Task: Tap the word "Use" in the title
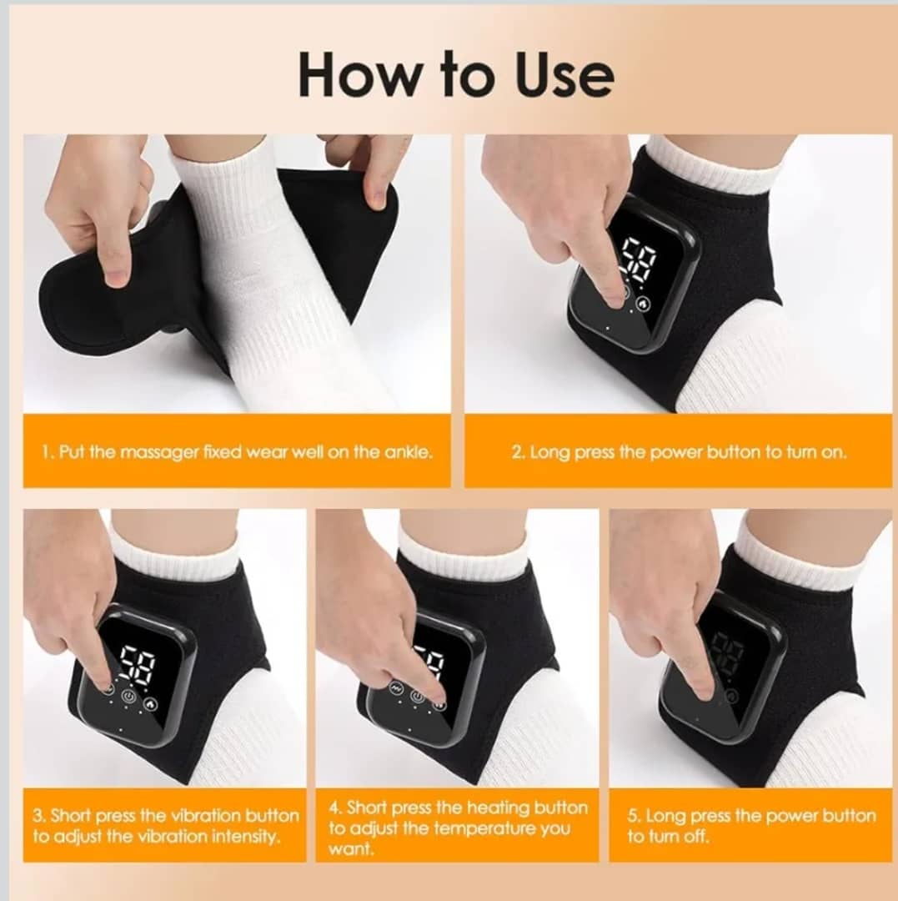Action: (564, 75)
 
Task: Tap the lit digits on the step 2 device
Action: (639, 259)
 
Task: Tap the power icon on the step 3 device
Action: (129, 697)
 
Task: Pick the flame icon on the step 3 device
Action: (150, 703)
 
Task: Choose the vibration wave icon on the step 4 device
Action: (396, 687)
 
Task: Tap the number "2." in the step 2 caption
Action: (519, 453)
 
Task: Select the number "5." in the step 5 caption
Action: (634, 816)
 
